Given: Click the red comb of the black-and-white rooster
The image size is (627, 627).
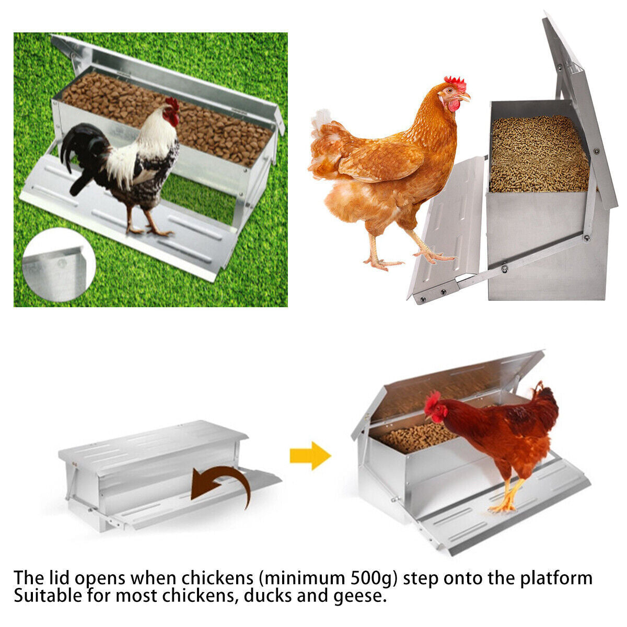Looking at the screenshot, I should pos(172,105).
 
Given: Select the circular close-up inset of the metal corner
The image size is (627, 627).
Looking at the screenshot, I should pos(58,265).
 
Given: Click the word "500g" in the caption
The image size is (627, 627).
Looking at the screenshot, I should pos(370,578).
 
